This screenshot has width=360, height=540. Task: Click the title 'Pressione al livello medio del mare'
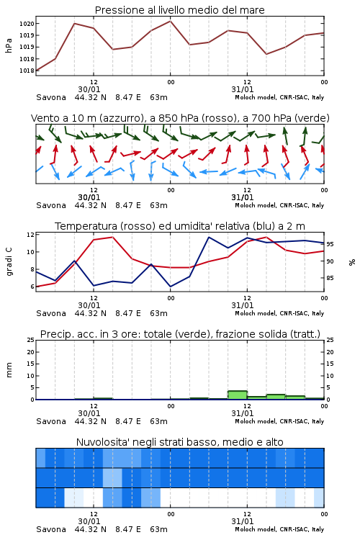point(179,10)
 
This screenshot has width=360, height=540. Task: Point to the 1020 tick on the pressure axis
point(27,24)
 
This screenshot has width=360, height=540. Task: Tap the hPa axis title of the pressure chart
point(9,45)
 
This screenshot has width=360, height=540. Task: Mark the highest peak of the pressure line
point(170,21)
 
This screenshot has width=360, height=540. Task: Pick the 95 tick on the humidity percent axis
point(330,244)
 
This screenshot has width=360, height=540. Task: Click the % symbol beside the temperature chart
point(352,262)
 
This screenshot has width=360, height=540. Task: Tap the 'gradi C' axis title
point(9,262)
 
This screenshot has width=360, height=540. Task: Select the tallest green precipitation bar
point(238,395)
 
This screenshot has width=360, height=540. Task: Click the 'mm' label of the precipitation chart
point(9,370)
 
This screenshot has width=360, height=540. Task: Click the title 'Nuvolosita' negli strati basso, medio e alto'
point(179,442)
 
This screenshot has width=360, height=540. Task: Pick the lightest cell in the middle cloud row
point(112,477)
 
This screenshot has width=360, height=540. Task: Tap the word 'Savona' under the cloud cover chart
point(51,529)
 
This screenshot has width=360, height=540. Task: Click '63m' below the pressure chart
point(158,97)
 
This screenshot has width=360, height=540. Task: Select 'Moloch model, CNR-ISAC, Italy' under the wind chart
point(279,205)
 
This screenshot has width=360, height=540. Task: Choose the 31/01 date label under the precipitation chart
point(243,413)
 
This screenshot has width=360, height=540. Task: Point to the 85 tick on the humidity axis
point(330,278)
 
